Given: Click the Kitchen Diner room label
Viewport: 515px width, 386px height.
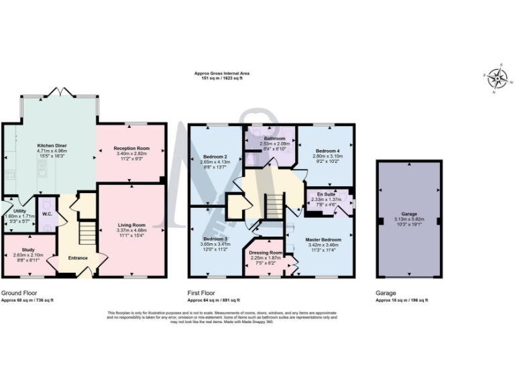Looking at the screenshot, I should [52, 145].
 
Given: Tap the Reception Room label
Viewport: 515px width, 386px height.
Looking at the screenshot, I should [131, 148].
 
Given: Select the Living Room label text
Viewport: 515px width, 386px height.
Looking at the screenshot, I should [131, 225].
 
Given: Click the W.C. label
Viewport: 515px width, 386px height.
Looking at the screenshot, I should [47, 214].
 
